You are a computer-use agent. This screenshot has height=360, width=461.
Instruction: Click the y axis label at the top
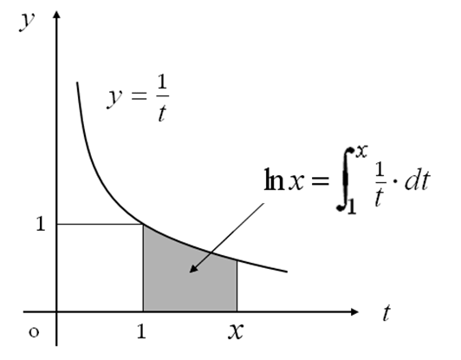click(27, 22)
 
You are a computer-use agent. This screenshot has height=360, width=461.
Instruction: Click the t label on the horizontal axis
click(386, 312)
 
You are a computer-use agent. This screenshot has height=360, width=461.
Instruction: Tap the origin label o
click(34, 332)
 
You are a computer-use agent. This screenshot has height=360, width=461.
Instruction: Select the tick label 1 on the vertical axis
click(41, 224)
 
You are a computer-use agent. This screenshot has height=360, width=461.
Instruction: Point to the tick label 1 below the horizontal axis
click(141, 331)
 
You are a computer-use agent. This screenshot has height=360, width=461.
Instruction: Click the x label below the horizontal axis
click(236, 331)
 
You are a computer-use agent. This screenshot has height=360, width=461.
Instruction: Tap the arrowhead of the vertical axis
click(57, 14)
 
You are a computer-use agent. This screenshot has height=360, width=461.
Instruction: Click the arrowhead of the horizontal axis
click(355, 311)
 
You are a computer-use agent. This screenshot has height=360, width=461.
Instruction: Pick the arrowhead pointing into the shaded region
click(193, 268)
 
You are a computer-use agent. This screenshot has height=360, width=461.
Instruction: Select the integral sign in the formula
click(345, 179)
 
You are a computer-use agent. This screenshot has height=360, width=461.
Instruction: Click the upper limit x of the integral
click(361, 152)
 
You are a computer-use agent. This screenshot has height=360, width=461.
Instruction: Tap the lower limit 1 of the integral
click(352, 206)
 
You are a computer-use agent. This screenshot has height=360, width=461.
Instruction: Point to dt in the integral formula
click(418, 180)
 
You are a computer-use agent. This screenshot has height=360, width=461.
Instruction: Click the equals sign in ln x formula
click(320, 181)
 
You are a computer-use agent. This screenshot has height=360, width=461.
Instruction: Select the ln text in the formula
click(274, 180)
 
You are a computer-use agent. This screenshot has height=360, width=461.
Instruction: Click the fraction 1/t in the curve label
click(162, 98)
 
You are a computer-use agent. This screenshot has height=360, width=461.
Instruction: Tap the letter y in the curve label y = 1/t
click(114, 99)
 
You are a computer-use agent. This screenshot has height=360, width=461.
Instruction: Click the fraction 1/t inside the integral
click(380, 185)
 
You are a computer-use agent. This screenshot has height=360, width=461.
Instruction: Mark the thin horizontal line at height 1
click(100, 225)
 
